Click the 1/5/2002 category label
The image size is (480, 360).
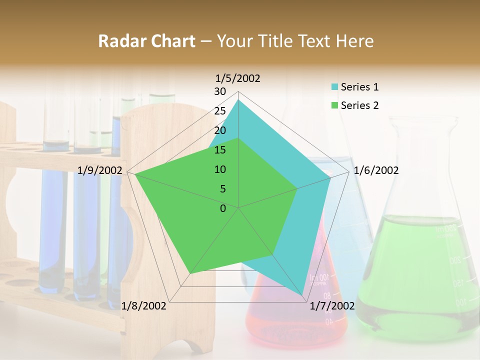click(x=238, y=78)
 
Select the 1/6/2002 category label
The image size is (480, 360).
click(x=376, y=170)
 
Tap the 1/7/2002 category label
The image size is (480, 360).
click(x=332, y=306)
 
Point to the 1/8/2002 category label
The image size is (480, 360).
click(x=144, y=306)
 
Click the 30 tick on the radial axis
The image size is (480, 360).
click(x=220, y=91)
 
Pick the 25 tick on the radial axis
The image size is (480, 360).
click(x=220, y=111)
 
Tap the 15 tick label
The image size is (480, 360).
click(x=220, y=150)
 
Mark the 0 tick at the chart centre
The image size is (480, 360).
click(x=223, y=208)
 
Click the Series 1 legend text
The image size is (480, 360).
click(x=359, y=87)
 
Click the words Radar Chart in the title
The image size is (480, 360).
click(x=146, y=41)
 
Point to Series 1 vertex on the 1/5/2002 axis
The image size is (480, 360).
click(x=238, y=99)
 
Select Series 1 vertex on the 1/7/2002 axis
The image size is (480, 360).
click(x=302, y=295)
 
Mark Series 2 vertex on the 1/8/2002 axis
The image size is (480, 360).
click(x=190, y=273)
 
